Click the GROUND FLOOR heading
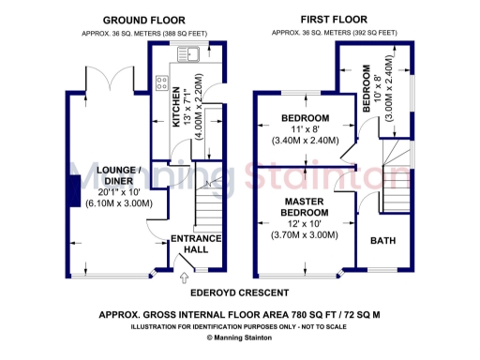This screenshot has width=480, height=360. click(x=142, y=20)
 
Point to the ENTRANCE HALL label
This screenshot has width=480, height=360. click(x=195, y=244)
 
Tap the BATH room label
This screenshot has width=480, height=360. click(x=382, y=241)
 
